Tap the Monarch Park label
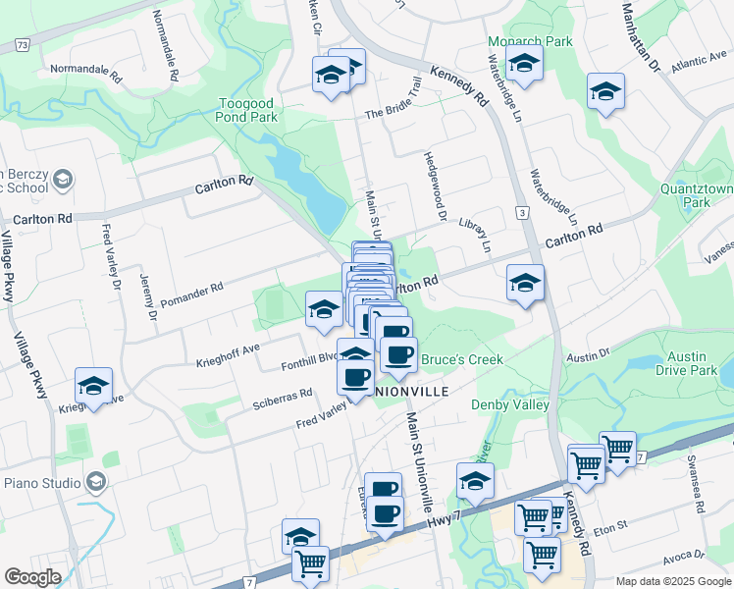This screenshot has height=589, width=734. (530, 43)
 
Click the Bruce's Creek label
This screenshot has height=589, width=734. (461, 360)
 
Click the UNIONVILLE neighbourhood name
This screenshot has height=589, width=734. (398, 391)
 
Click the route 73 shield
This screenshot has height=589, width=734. (22, 45)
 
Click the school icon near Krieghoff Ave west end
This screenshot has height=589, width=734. (93, 386)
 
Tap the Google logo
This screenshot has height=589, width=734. (32, 576)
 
